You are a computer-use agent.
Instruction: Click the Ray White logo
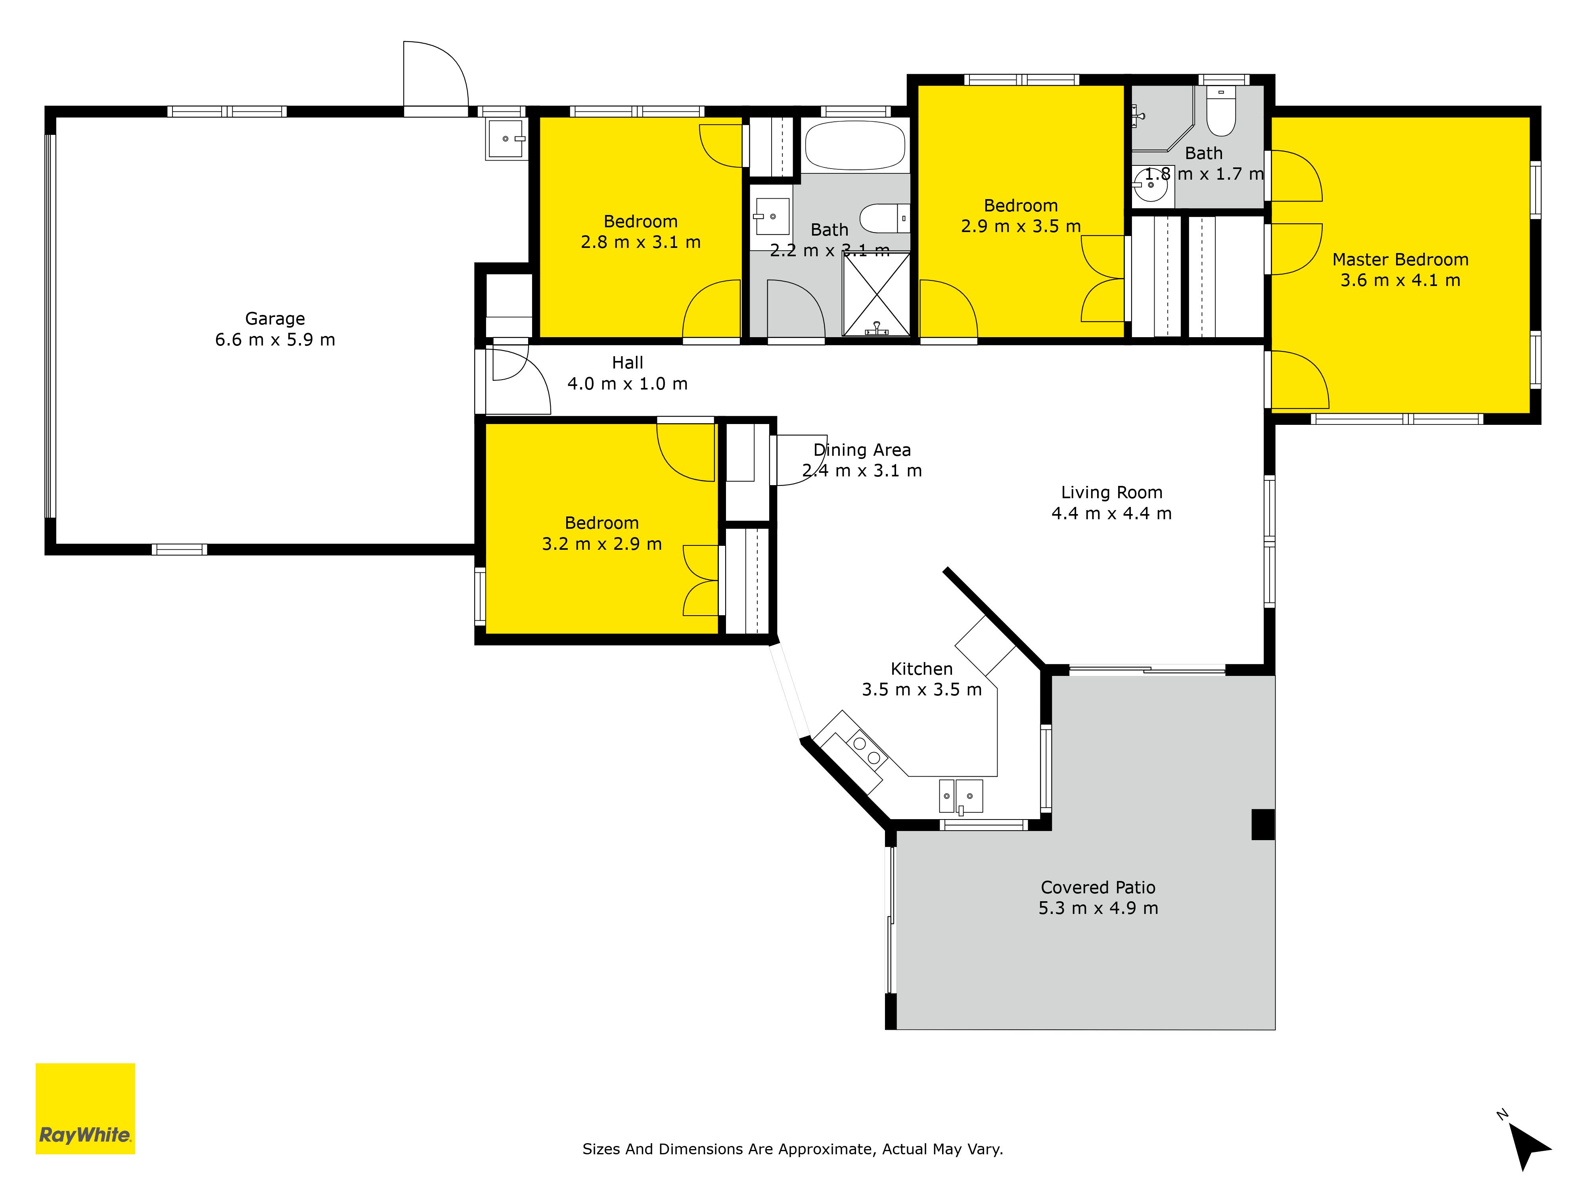coord(85,1108)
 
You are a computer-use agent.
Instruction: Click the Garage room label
coord(275,319)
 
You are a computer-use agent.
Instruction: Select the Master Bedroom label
coord(1400,260)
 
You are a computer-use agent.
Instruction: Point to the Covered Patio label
coord(1098,887)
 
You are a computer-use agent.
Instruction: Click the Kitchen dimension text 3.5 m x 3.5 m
coord(921,689)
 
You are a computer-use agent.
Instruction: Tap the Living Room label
coord(1111,493)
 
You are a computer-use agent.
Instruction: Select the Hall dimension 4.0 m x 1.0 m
coord(627,384)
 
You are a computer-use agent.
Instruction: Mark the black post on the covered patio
coord(1262,824)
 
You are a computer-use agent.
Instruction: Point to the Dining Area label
coord(862,451)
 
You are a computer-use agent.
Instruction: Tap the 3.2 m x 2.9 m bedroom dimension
coord(601,544)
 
